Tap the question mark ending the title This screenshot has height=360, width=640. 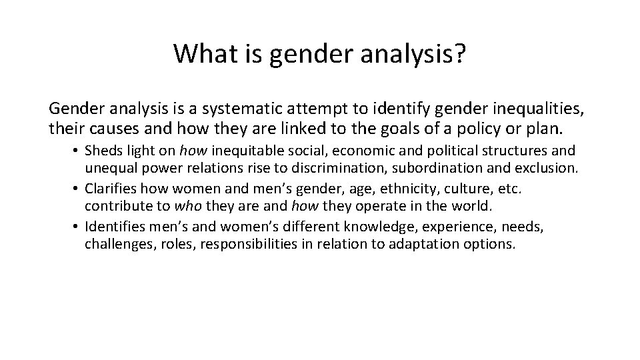coord(460,54)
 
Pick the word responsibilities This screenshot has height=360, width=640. coord(242,244)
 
